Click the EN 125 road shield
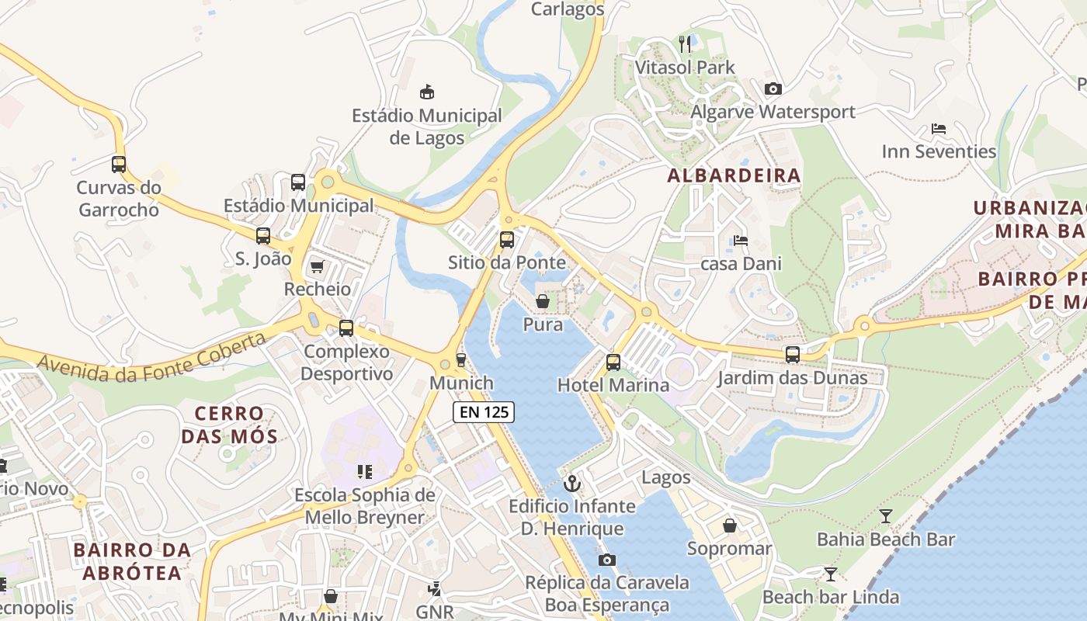[484, 412]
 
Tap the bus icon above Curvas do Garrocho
[119, 165]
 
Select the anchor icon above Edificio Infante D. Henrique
[572, 484]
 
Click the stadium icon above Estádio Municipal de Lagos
[426, 92]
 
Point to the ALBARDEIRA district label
[734, 175]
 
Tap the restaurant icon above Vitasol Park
[685, 44]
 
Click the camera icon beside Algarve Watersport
[773, 89]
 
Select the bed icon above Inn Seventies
[938, 129]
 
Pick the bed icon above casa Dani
[741, 241]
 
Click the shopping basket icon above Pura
[543, 301]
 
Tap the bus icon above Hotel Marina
[613, 362]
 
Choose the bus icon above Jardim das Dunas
[792, 355]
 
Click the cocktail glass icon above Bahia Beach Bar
[886, 516]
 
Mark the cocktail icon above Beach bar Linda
[831, 574]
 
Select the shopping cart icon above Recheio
[317, 267]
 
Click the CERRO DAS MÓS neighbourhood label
[229, 425]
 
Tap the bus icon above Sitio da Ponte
[507, 240]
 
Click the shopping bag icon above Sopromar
[730, 526]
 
